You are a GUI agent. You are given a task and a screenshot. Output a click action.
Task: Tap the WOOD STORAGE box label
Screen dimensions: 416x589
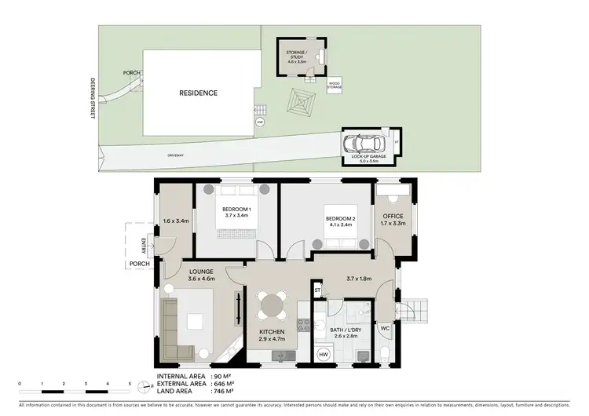[x=335, y=86]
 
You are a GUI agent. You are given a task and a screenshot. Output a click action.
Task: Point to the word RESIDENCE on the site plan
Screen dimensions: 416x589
[x=198, y=93]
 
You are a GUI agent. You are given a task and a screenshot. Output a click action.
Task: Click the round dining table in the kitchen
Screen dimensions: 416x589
[x=273, y=303]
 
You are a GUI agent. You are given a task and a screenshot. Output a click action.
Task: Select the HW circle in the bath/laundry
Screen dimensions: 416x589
[x=323, y=355]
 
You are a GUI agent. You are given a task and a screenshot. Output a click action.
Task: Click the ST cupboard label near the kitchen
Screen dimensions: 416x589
[x=318, y=291]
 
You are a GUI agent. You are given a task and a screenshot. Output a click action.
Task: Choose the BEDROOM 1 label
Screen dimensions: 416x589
[x=236, y=208]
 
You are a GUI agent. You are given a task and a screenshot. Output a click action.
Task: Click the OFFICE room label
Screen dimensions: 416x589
[x=393, y=216]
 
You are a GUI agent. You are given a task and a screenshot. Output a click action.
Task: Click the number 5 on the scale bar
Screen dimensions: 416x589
[x=130, y=384]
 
